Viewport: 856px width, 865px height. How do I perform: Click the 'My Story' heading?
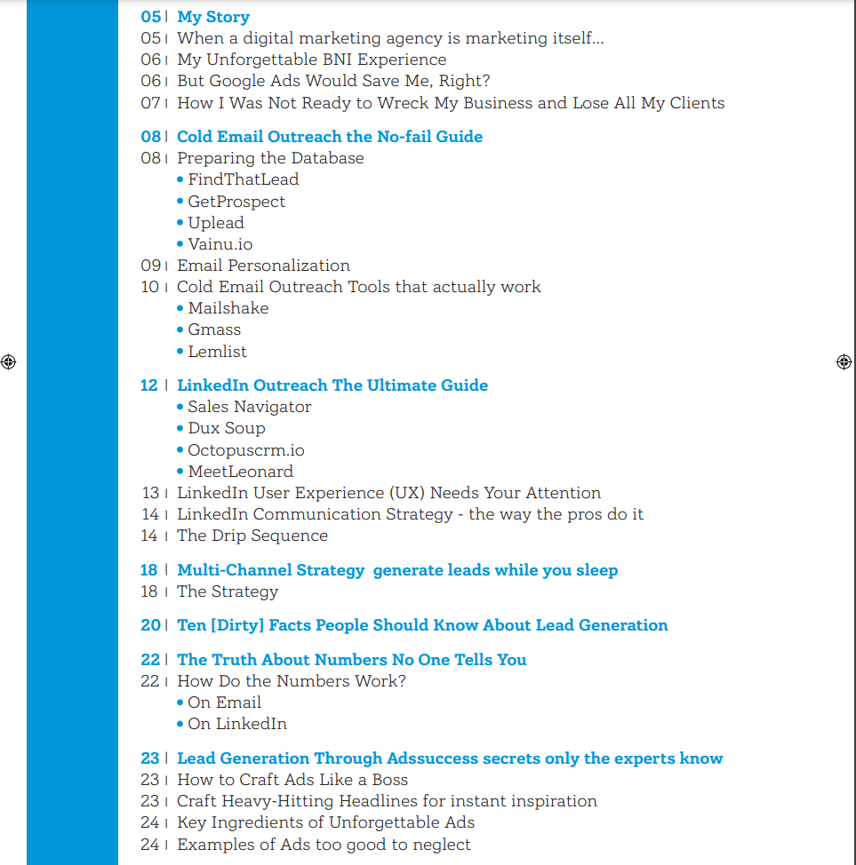click(213, 17)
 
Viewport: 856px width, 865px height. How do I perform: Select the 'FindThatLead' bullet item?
click(243, 179)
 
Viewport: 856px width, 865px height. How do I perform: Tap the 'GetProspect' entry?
click(236, 202)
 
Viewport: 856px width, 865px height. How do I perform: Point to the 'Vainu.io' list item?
click(220, 244)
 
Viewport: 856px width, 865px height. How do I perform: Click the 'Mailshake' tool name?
click(228, 308)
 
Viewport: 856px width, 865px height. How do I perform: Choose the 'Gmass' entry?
click(214, 329)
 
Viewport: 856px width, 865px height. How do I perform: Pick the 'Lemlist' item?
click(217, 352)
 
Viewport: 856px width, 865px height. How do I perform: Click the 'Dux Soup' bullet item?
click(226, 428)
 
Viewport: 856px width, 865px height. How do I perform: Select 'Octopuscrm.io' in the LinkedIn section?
click(245, 450)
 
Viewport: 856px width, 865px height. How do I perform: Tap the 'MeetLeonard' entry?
click(240, 472)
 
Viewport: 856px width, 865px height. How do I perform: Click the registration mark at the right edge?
click(844, 361)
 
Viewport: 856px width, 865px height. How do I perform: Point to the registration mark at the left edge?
click(9, 361)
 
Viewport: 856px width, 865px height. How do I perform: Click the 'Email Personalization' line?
click(263, 266)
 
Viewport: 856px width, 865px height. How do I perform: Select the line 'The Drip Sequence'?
click(252, 536)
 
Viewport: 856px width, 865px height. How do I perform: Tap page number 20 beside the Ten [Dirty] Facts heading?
click(149, 625)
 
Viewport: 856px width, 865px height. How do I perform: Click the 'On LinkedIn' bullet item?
click(236, 724)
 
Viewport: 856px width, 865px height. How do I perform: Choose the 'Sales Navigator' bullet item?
click(249, 407)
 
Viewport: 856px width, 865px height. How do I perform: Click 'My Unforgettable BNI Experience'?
click(311, 60)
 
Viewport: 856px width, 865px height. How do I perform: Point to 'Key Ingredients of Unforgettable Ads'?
click(325, 822)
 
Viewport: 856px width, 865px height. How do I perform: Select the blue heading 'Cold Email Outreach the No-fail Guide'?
click(330, 137)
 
